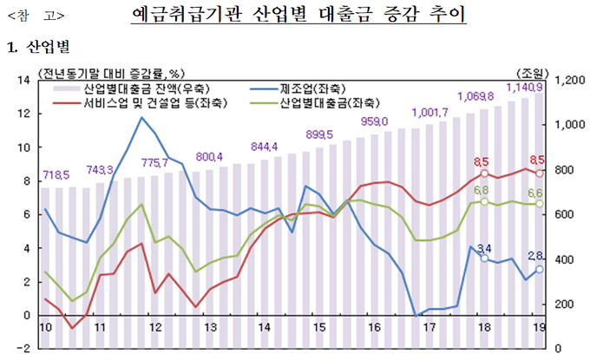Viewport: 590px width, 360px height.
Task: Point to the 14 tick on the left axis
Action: [24, 81]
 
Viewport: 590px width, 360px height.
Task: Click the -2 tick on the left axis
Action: [24, 349]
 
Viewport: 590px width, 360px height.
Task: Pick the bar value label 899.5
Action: [320, 134]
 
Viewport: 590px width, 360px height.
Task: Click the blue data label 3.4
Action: [484, 249]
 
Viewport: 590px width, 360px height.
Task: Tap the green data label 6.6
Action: [536, 193]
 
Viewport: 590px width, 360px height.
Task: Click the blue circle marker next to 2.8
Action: [539, 269]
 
